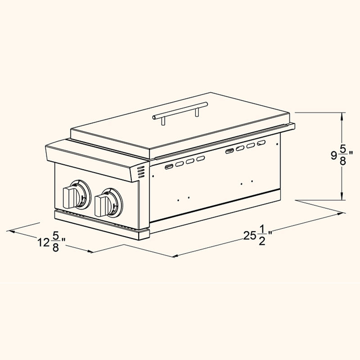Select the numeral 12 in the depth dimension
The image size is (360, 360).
(43, 243)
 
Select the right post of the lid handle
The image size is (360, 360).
(197, 111)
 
